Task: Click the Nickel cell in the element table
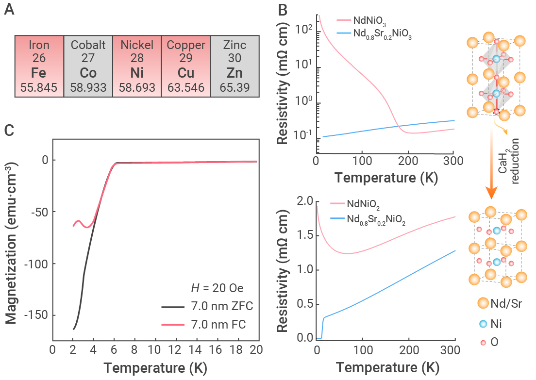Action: [x=137, y=66]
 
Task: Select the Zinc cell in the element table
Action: [x=235, y=66]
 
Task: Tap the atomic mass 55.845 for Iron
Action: [x=39, y=87]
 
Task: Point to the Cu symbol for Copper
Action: [x=186, y=73]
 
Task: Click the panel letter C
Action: [x=9, y=130]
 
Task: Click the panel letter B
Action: [x=283, y=10]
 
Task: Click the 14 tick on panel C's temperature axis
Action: [x=195, y=349]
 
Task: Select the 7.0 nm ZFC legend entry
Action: [x=207, y=306]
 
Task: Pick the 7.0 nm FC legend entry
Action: [x=204, y=324]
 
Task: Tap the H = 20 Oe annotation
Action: [x=217, y=288]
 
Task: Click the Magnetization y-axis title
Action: [x=11, y=243]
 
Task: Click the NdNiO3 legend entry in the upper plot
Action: [x=361, y=21]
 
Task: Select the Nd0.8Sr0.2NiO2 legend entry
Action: [x=368, y=219]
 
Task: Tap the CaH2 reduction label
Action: [x=508, y=161]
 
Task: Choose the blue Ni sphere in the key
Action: [x=483, y=324]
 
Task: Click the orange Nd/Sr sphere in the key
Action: [x=483, y=303]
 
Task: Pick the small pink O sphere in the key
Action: [x=483, y=343]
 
